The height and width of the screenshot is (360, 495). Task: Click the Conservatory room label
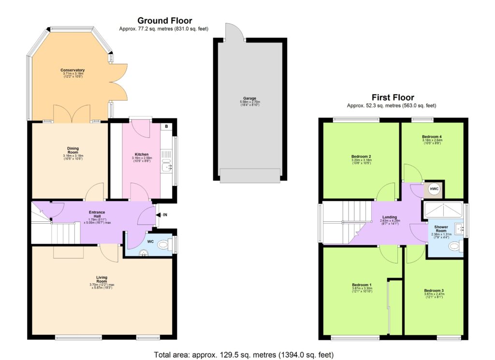coord(73,70)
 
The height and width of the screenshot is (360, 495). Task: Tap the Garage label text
coord(250,98)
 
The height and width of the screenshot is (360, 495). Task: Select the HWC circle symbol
coord(434,189)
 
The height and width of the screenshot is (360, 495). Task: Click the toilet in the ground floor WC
coord(164,245)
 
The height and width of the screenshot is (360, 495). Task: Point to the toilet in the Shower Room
coord(454,247)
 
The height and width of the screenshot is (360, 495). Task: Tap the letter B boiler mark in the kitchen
coord(166,127)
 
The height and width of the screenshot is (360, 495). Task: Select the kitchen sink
coord(166,167)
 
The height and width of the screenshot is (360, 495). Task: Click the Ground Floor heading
coord(164,20)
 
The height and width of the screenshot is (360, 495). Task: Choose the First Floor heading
coord(392,97)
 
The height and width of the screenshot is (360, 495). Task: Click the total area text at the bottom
coord(244,355)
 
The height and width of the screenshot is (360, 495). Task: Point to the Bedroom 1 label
coord(362,285)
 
